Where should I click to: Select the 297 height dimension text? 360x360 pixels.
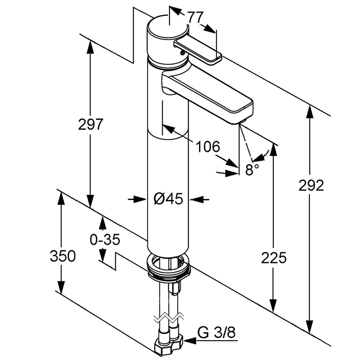click(91, 124)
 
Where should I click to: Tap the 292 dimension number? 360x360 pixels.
click(311, 186)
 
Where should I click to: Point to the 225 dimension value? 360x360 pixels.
click(274, 258)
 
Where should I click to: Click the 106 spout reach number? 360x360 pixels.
click(207, 147)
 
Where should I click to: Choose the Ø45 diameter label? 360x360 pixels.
click(168, 199)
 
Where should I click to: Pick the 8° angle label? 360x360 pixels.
click(252, 170)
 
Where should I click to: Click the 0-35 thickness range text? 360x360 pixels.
click(105, 240)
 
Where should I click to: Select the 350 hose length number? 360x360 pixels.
click(63, 256)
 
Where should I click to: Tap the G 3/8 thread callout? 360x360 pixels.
click(216, 332)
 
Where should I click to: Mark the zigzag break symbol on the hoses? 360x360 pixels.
click(169, 318)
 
